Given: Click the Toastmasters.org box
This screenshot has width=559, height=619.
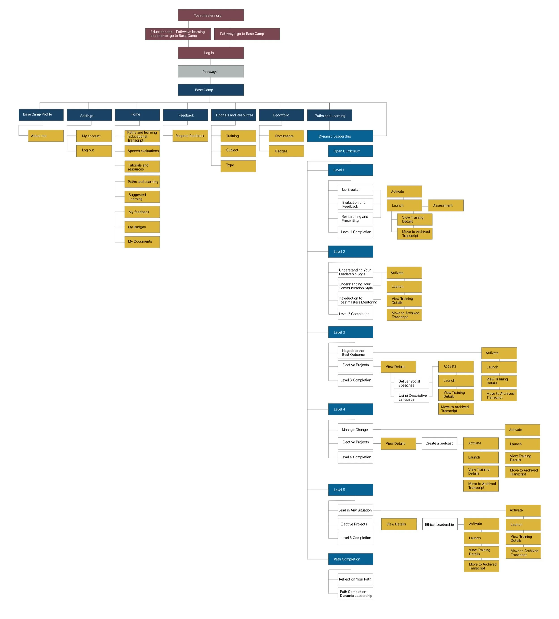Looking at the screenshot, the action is click(211, 15).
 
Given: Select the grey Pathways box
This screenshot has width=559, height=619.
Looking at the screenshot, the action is click(211, 72).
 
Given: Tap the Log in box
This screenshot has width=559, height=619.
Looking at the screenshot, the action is click(211, 53).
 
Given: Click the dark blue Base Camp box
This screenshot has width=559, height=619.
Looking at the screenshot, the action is click(211, 90).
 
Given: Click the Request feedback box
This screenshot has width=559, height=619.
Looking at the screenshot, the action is click(190, 136).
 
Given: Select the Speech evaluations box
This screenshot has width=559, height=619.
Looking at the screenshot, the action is click(142, 151).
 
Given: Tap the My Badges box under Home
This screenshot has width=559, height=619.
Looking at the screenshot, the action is click(142, 227).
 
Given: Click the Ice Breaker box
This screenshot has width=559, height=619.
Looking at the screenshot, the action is click(355, 190).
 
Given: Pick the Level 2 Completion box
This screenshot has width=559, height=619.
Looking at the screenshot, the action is click(355, 314).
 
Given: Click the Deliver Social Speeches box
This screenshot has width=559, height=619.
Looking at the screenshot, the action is click(412, 383).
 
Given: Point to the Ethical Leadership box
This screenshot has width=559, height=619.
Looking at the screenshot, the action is click(440, 524).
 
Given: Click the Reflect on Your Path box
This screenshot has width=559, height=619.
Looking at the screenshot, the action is click(355, 579).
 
